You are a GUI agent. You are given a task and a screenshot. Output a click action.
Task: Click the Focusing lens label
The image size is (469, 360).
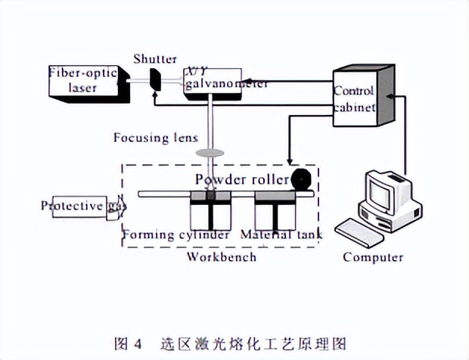(x=155, y=138)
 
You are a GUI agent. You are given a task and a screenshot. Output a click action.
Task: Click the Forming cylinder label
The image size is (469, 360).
(x=177, y=235)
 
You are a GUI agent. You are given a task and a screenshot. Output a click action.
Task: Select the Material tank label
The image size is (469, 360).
(x=281, y=235)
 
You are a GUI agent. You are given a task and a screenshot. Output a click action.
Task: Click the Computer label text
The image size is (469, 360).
(x=373, y=256)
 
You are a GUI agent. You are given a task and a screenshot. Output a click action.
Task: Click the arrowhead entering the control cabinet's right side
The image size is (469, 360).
(x=392, y=96)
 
